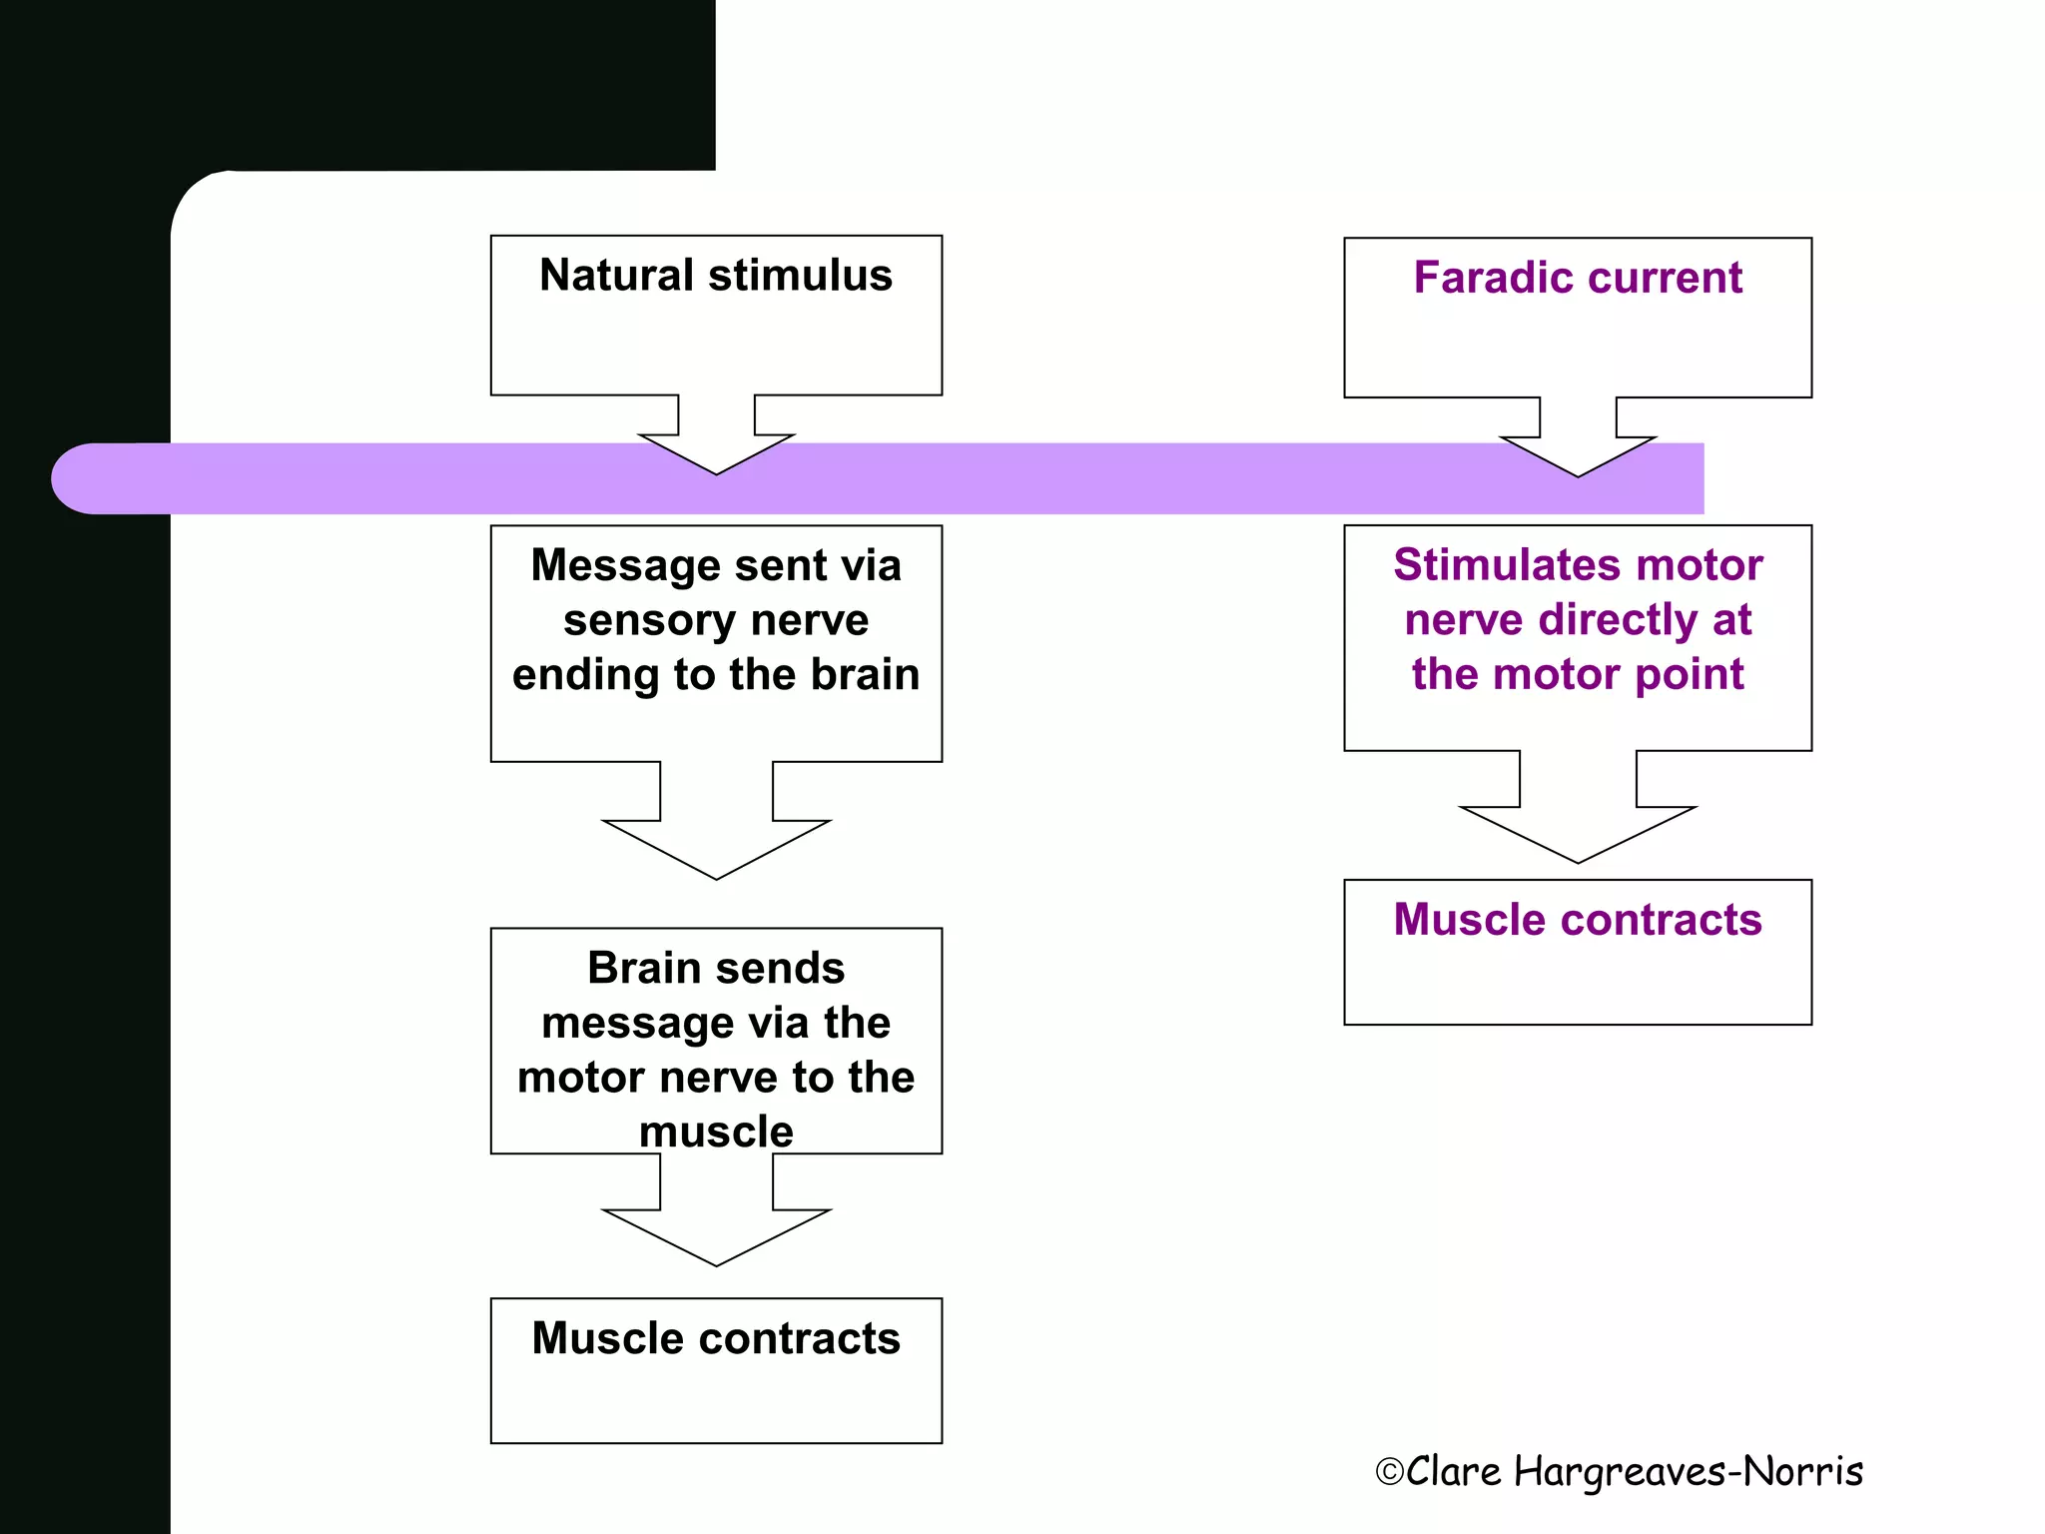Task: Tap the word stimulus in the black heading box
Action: [800, 276]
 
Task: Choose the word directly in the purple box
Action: [1619, 620]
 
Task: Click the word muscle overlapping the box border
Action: [716, 1132]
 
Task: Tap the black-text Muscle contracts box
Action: [716, 1370]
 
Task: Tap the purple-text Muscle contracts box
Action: [1577, 952]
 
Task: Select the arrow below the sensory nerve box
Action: [716, 829]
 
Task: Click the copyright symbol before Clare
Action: [1389, 1472]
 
